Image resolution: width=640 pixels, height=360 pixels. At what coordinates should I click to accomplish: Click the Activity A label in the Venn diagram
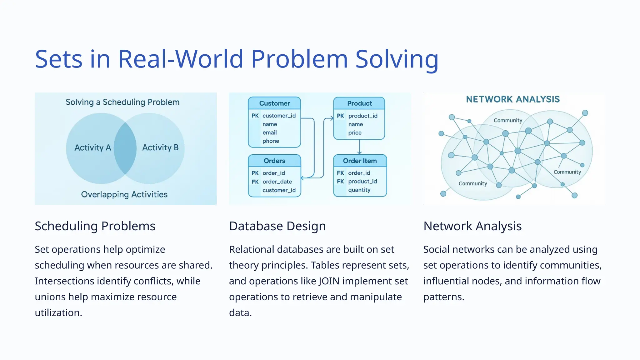click(92, 147)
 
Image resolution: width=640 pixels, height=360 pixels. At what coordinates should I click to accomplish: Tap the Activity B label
click(160, 147)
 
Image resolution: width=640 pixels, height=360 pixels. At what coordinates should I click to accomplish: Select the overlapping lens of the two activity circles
click(125, 148)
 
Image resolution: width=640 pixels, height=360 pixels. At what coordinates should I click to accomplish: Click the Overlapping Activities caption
click(124, 194)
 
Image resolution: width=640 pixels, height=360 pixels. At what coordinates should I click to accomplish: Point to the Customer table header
click(274, 103)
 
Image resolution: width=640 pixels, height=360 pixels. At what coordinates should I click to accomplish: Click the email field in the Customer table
click(269, 132)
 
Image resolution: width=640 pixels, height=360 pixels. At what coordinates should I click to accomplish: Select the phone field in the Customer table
click(271, 141)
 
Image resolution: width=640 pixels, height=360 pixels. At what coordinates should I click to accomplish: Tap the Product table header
click(359, 103)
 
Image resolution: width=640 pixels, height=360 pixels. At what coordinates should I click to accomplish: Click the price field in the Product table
click(355, 132)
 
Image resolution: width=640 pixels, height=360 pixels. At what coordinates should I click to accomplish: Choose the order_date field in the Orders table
click(277, 182)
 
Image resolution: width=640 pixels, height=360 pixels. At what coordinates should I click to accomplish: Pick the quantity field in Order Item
click(359, 190)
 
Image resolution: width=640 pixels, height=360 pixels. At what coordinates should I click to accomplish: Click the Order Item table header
click(360, 161)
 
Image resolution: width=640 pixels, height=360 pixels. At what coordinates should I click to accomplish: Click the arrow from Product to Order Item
click(359, 147)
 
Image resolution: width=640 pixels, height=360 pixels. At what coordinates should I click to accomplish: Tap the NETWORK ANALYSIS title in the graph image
click(513, 99)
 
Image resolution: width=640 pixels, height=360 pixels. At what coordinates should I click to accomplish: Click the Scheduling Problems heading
click(95, 226)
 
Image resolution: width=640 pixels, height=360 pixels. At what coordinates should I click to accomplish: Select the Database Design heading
click(277, 226)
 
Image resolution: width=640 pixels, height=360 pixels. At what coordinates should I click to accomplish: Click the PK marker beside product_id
click(340, 116)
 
